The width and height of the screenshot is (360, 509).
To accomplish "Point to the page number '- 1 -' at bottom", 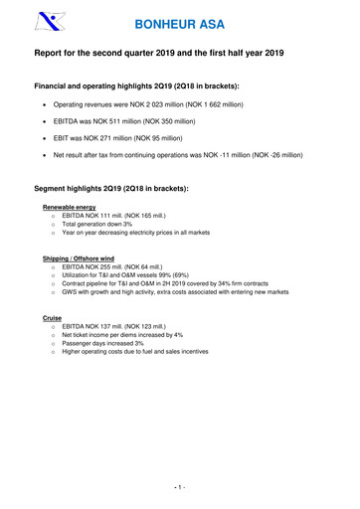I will pyautogui.click(x=180, y=488).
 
